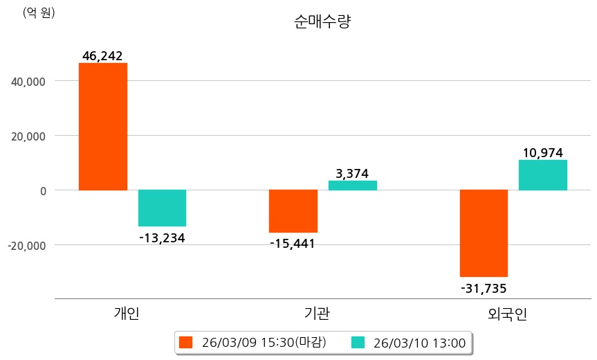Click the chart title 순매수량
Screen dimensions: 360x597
point(323,21)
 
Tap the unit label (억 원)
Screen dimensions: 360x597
point(39,12)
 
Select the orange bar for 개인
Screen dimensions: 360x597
point(103,126)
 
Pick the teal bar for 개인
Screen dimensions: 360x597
point(162,208)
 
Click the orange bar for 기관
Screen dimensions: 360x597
point(293,210)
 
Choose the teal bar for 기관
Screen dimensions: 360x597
point(352,185)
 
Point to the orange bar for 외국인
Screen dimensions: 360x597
point(484,233)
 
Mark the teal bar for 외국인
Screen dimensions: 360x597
point(543,174)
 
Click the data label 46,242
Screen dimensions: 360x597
point(102,55)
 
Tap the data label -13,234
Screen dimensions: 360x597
point(162,238)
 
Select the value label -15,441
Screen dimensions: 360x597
point(293,244)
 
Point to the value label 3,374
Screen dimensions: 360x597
point(352,173)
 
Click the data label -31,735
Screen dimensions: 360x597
point(484,288)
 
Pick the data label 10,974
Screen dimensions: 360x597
point(543,152)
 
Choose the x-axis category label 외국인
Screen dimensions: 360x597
point(507,315)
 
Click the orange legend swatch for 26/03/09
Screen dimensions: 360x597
point(185,342)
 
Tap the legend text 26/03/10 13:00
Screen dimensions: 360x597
point(419,342)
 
